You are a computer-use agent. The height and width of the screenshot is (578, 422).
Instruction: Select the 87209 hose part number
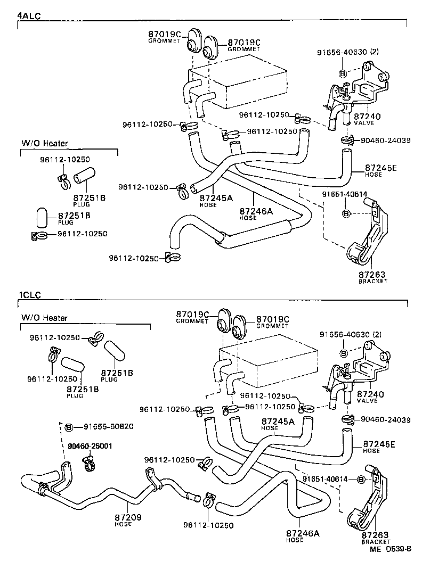(127, 517)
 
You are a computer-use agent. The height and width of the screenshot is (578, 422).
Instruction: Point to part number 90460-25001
(90, 446)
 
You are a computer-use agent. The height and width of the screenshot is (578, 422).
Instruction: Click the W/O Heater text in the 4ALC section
(45, 143)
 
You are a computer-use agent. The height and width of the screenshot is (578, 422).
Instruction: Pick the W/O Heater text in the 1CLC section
(45, 318)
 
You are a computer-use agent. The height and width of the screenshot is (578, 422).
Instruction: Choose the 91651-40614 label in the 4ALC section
(345, 194)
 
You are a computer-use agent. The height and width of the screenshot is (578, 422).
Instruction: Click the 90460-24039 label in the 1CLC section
(386, 420)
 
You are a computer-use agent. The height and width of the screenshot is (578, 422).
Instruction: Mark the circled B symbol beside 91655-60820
(69, 427)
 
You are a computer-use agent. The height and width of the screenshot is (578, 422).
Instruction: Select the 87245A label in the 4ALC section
(216, 198)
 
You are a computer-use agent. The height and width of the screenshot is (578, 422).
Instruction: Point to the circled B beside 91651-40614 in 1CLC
(361, 480)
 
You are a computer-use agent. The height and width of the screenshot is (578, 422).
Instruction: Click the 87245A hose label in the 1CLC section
(277, 421)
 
